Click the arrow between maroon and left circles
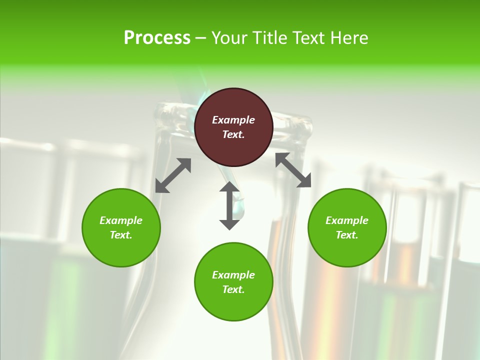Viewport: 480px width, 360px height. (x=173, y=175)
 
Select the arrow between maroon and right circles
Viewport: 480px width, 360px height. (x=293, y=170)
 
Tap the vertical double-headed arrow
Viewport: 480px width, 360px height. (x=229, y=205)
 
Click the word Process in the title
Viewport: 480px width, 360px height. (x=157, y=38)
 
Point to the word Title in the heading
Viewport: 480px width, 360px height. (x=271, y=38)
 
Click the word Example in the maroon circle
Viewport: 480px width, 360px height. (x=233, y=120)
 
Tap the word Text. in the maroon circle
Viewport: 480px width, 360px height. (x=233, y=134)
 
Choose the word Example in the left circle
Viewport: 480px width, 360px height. (x=121, y=220)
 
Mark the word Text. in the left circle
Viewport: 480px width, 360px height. (x=121, y=235)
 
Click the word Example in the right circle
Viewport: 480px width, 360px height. (x=347, y=220)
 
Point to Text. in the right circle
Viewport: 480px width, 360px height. (x=347, y=235)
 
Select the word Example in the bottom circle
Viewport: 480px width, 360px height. (x=233, y=275)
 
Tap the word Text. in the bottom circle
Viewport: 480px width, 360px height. (x=233, y=289)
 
